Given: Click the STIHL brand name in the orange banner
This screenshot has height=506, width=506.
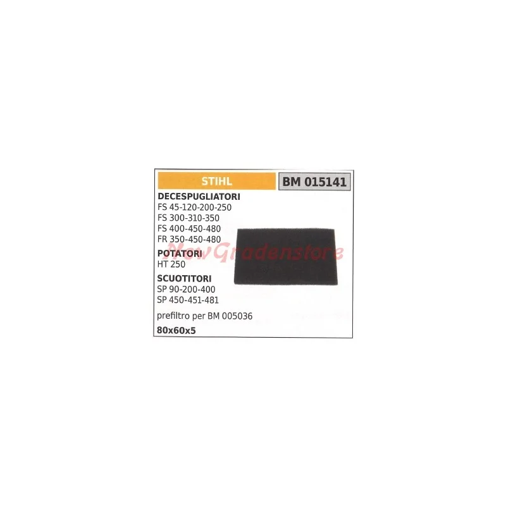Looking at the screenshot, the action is point(216,182).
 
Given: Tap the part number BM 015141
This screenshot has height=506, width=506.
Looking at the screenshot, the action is point(314,182).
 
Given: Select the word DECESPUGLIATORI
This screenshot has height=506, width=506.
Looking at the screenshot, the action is point(199,197).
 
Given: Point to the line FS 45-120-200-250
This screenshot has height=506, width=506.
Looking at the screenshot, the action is point(194,207).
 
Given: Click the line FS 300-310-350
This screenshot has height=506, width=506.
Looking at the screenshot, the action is point(188,218).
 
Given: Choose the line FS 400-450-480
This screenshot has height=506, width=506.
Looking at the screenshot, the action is point(189,228).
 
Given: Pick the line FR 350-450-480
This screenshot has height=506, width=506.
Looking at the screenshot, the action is point(189,239).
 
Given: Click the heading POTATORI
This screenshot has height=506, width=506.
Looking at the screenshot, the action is point(180,254).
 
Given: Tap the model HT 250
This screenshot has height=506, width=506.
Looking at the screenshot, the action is point(171,264).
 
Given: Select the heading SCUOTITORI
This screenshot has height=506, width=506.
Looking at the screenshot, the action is point(184,278).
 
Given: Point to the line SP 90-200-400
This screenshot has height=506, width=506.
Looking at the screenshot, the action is point(186,289).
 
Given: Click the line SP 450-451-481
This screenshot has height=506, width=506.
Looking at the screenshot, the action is point(188,300).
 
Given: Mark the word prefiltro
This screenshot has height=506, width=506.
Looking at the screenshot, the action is point(173,316).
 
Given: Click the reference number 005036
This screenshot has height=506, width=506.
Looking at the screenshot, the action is point(237,316).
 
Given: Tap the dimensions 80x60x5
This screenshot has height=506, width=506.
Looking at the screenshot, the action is point(176,330).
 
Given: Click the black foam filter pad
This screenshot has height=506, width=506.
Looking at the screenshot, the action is point(286,257).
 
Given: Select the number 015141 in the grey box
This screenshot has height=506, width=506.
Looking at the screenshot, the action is point(325,182).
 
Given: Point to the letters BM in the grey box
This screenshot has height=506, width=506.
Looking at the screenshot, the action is point(292,182).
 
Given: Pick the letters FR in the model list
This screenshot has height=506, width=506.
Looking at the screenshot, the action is point(163,239).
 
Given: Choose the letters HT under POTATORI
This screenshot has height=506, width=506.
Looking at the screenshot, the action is point(162,264).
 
